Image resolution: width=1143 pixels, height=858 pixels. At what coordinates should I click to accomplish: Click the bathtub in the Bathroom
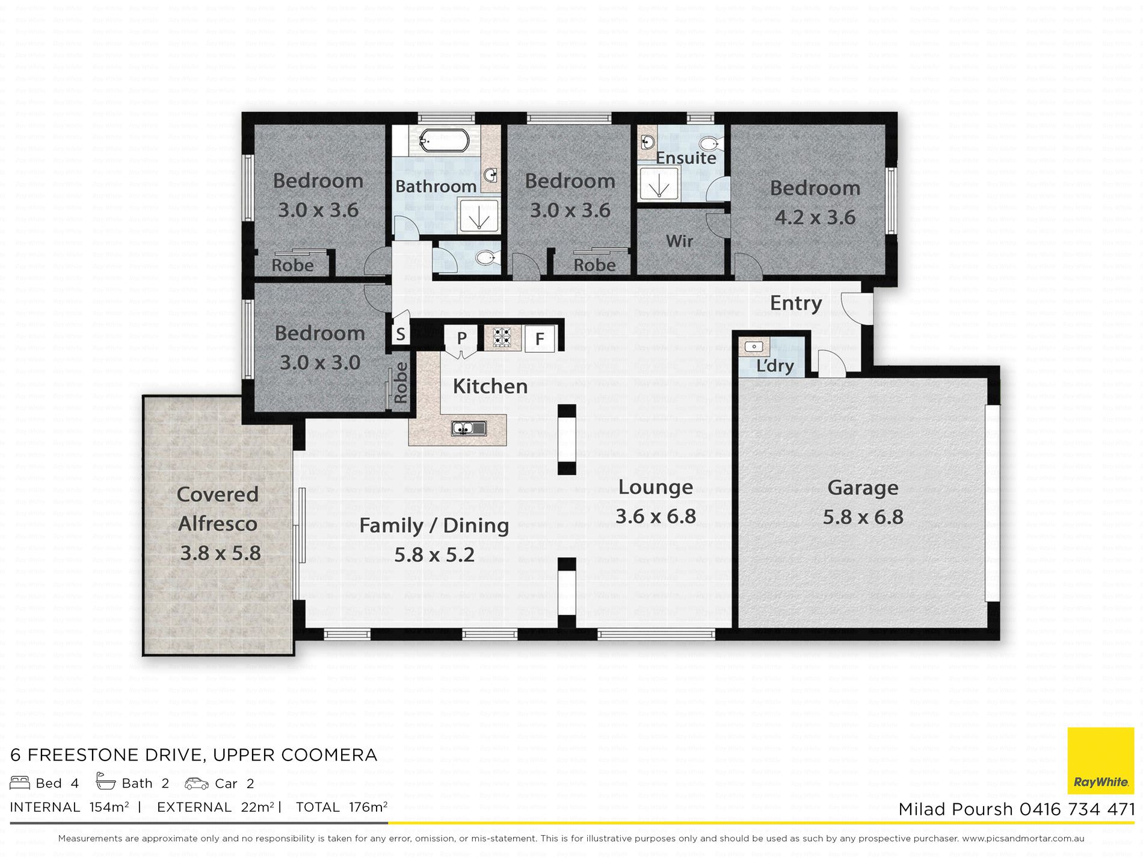point(444,140)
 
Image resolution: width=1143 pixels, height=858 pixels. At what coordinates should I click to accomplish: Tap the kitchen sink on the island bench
point(469,429)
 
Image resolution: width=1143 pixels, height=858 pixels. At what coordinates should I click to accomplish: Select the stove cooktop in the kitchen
point(502,338)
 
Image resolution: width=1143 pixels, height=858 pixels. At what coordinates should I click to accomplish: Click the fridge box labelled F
point(540,338)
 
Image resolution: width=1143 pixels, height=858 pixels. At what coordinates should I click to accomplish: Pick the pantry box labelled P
point(461,338)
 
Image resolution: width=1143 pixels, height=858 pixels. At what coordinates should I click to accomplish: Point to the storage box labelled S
point(401,334)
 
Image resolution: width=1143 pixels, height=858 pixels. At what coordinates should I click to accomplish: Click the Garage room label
point(863,488)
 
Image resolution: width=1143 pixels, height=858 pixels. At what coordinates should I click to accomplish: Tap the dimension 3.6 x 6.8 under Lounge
point(656,517)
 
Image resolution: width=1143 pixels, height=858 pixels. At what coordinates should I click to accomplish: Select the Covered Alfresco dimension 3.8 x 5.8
point(221,553)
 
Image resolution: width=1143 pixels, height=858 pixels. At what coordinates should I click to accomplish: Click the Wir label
point(680,241)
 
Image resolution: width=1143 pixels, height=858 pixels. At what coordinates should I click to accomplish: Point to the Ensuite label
point(686,158)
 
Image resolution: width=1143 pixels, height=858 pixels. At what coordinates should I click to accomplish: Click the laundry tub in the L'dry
point(754,347)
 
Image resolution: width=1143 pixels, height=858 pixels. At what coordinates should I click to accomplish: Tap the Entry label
point(796,303)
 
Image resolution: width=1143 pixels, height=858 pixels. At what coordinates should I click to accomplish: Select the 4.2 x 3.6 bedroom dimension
point(815,217)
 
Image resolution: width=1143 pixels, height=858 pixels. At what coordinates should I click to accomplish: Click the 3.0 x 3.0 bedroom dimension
point(320,362)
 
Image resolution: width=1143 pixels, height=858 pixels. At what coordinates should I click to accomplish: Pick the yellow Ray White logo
point(1101,761)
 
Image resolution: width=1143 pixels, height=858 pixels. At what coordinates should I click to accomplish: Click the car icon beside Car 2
point(196,783)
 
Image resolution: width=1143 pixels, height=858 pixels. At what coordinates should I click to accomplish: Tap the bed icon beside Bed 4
point(20,783)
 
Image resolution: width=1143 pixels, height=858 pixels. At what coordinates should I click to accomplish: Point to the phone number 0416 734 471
point(1077,809)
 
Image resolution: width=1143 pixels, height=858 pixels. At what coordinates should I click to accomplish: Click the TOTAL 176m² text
point(342,807)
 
